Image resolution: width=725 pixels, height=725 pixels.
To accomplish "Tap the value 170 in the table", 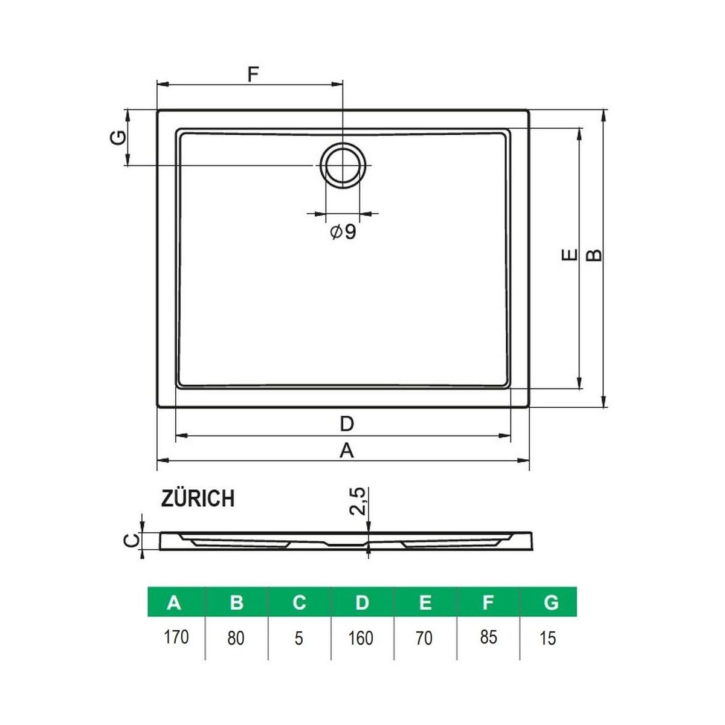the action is [x=176, y=637].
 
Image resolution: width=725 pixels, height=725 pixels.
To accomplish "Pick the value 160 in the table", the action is [x=361, y=638].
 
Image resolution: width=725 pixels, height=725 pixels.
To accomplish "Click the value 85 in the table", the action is [x=488, y=637].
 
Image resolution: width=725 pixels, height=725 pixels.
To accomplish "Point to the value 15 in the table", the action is [x=547, y=638].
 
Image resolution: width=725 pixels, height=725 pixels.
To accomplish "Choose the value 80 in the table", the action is [x=236, y=638].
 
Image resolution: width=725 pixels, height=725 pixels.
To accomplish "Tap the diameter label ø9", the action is [x=343, y=232].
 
